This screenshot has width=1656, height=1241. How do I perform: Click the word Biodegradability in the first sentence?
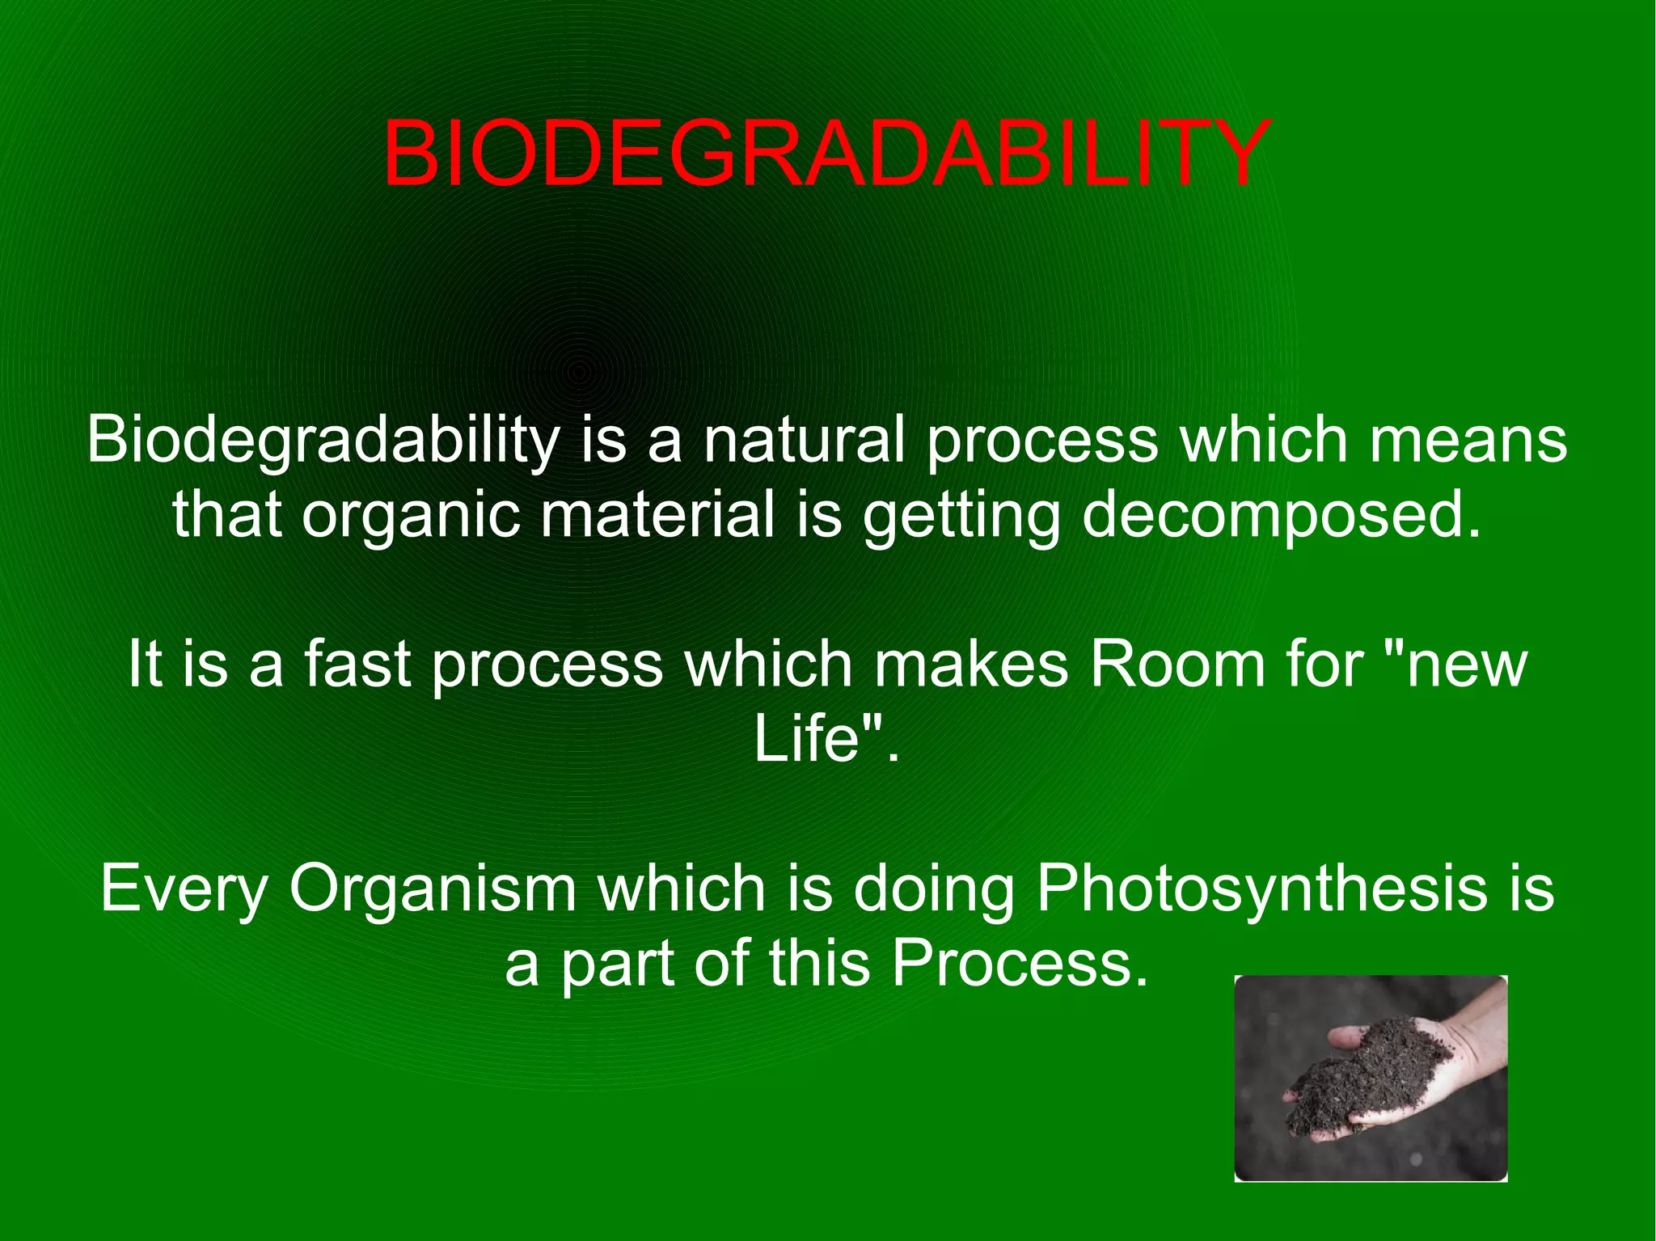pyautogui.click(x=323, y=441)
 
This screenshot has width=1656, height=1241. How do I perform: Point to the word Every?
pyautogui.click(x=184, y=889)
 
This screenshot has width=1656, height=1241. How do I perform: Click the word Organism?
pyautogui.click(x=433, y=889)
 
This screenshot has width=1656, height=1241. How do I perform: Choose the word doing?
pyautogui.click(x=934, y=889)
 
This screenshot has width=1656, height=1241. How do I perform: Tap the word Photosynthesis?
pyautogui.click(x=1261, y=889)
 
